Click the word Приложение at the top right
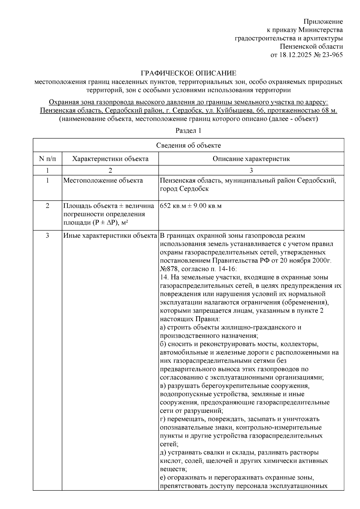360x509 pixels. pos(323,22)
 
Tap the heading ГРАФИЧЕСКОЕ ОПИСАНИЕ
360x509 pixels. pos(189,73)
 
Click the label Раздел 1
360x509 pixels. pos(188,131)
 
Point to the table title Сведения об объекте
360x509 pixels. pos(188,145)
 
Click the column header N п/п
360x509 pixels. pos(47,159)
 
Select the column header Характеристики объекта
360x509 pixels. pos(110,159)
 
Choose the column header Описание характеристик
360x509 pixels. pos(251,159)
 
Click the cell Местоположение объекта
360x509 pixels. pos(103,180)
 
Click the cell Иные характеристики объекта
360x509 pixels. pos(110,235)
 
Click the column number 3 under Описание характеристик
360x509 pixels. pos(251,170)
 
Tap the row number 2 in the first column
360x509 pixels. pos(47,206)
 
